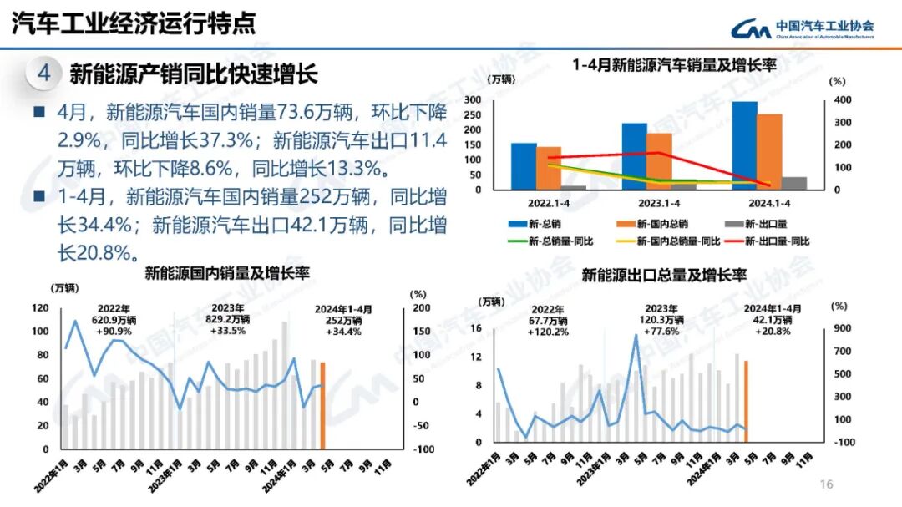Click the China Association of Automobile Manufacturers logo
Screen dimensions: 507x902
803,29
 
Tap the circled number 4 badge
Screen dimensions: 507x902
44,74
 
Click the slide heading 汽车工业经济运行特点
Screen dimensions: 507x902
134,24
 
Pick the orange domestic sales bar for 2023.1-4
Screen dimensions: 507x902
659,161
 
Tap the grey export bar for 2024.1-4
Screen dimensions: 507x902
793,184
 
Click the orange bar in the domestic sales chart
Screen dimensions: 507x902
322,406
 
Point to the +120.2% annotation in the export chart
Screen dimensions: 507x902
547,331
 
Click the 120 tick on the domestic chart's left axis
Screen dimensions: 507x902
40,308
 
